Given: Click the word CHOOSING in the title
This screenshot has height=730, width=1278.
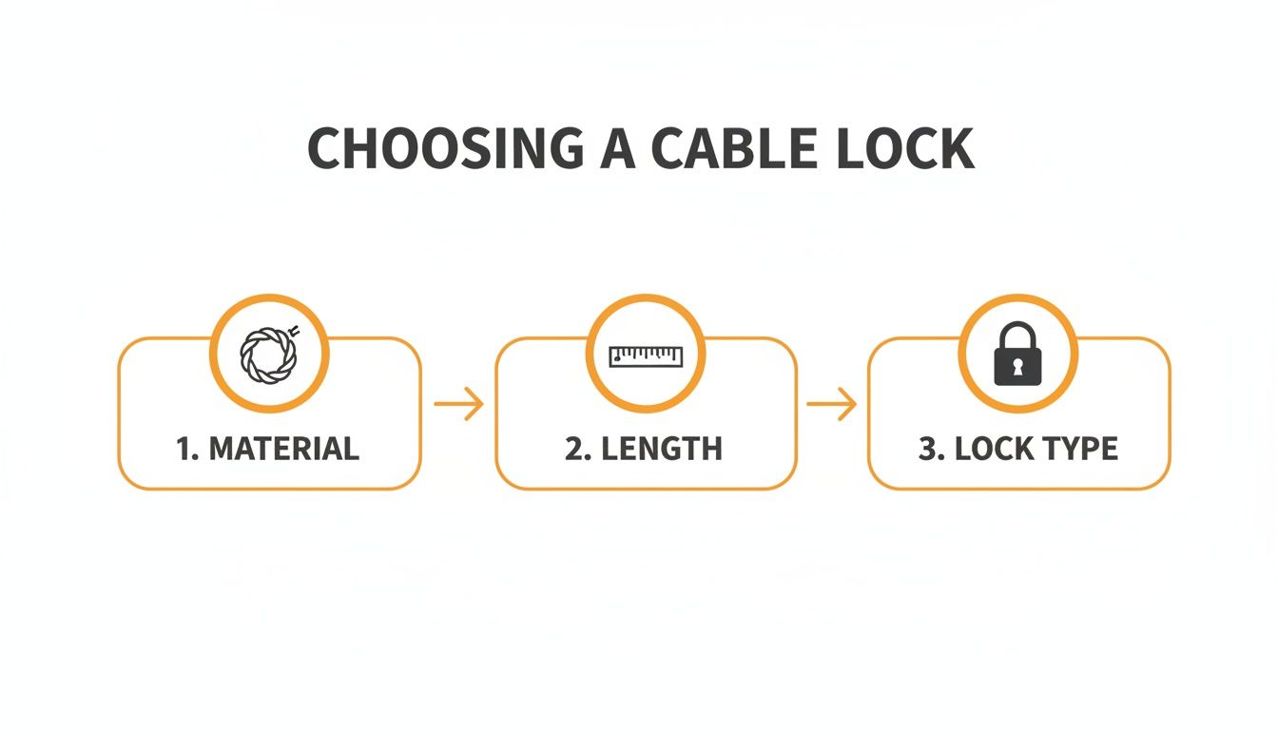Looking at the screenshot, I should point(445,149).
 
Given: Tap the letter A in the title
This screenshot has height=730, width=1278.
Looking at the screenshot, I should point(617,149).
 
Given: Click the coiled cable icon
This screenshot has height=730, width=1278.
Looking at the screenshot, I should point(269,355).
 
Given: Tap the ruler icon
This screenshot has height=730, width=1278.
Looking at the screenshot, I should point(646,355).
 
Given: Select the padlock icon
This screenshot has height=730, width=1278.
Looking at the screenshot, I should point(1017,355).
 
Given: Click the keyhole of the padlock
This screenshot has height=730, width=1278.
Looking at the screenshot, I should point(1017,366).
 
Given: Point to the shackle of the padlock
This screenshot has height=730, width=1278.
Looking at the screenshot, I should point(1017,335).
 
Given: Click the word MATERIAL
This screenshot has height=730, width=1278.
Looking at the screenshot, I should point(283,449).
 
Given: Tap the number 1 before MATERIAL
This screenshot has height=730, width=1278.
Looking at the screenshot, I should point(184,449).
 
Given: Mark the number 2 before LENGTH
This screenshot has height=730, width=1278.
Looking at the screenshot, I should point(572,449).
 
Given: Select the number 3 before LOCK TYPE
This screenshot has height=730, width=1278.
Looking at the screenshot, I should point(927,449).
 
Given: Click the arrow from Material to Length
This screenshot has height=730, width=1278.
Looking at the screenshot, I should point(458,405).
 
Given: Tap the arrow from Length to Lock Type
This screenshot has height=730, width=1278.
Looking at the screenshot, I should point(831,405).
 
